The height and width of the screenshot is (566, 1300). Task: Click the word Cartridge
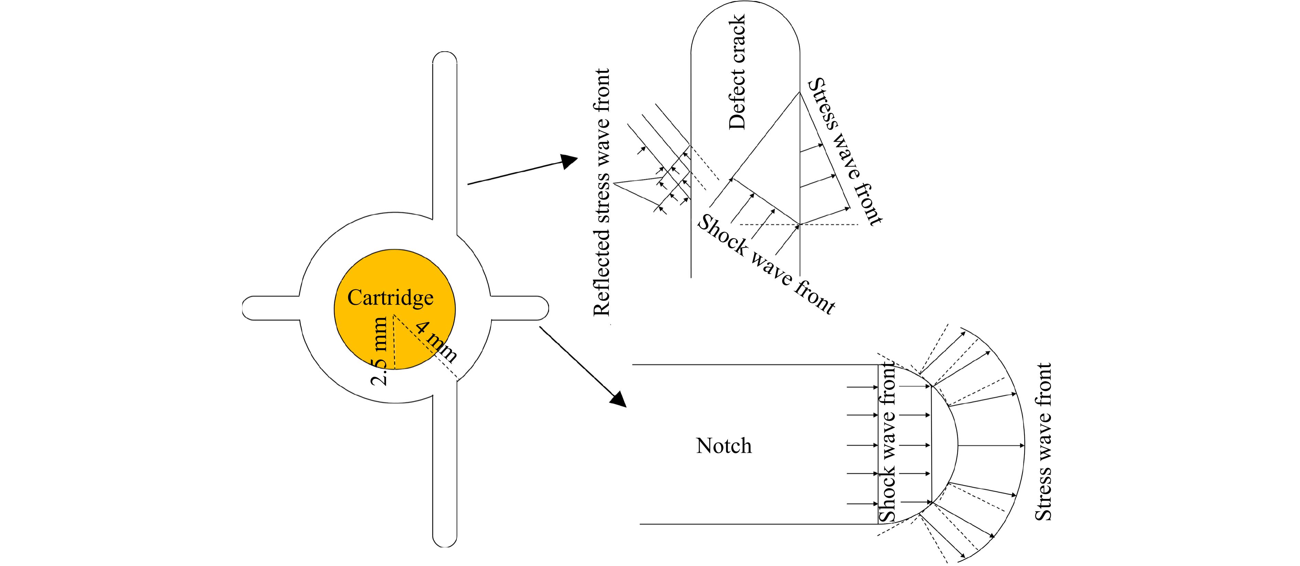(x=390, y=298)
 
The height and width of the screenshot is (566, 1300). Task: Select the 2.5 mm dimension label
(x=379, y=351)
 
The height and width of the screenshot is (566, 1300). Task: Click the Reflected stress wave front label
(x=602, y=192)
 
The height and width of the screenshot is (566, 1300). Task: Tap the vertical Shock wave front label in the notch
(x=887, y=442)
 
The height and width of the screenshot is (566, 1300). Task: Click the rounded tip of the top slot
(x=444, y=54)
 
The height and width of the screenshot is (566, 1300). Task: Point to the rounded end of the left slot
(x=246, y=308)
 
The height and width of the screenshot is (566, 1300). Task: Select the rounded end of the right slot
(x=546, y=308)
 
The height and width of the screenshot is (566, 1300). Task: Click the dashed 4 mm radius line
(x=427, y=348)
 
